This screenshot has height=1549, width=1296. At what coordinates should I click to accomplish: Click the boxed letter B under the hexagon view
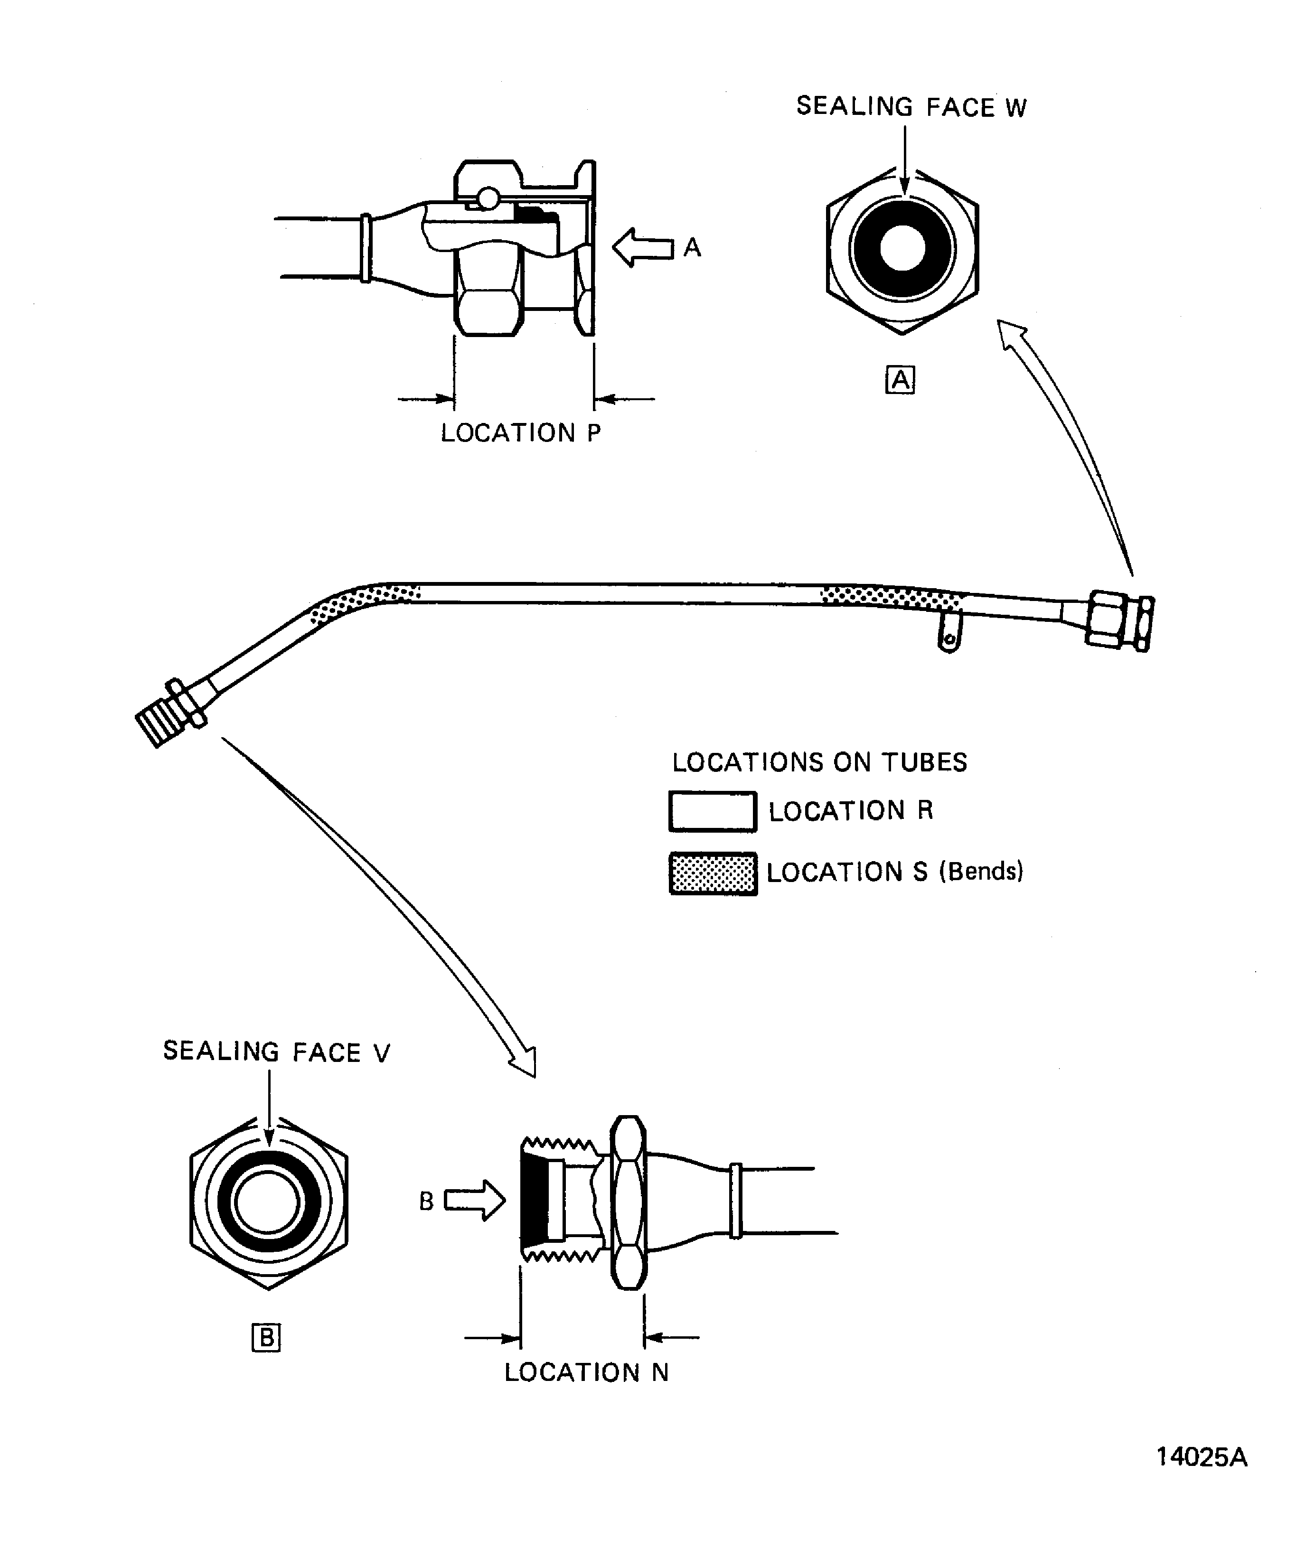[266, 1337]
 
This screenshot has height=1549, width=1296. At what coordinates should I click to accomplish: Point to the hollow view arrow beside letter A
[642, 248]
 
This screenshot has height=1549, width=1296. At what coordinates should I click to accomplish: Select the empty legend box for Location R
[713, 811]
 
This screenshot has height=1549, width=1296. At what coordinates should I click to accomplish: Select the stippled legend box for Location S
[713, 874]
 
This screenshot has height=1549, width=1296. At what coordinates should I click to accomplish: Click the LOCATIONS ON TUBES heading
[819, 762]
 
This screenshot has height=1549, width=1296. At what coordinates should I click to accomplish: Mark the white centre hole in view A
[902, 248]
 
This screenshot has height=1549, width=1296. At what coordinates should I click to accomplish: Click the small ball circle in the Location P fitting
[488, 197]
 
